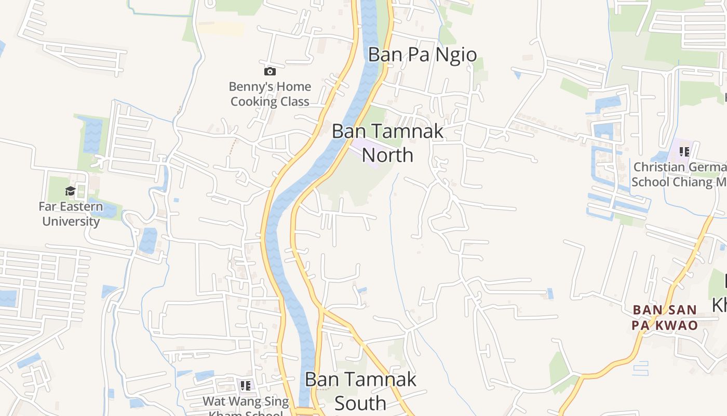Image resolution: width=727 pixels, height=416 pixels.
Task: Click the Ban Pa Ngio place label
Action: coord(422,55)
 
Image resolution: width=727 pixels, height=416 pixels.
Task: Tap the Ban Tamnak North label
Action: coord(387,142)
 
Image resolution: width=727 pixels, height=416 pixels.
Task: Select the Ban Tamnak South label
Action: coord(360,391)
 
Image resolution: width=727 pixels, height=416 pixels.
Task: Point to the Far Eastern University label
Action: coord(71,214)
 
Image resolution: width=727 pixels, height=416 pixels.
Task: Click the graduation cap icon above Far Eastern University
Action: coord(70,191)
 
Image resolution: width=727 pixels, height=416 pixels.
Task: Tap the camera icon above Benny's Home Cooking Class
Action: coord(270,71)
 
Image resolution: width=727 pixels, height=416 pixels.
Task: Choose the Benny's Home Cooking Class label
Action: coord(270,94)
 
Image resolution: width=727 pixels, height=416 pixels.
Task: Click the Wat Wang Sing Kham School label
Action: coord(246,407)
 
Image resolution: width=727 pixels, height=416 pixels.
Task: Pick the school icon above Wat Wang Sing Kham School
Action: coord(246,386)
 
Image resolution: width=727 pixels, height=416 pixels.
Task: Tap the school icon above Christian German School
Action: coord(684,152)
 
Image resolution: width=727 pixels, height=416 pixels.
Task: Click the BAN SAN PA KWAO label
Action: coord(665,318)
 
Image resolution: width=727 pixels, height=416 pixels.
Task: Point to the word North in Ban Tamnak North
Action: coord(387,155)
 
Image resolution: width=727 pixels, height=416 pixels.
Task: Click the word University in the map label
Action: coord(71,222)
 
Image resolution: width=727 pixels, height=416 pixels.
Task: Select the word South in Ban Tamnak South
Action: coord(360,403)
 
